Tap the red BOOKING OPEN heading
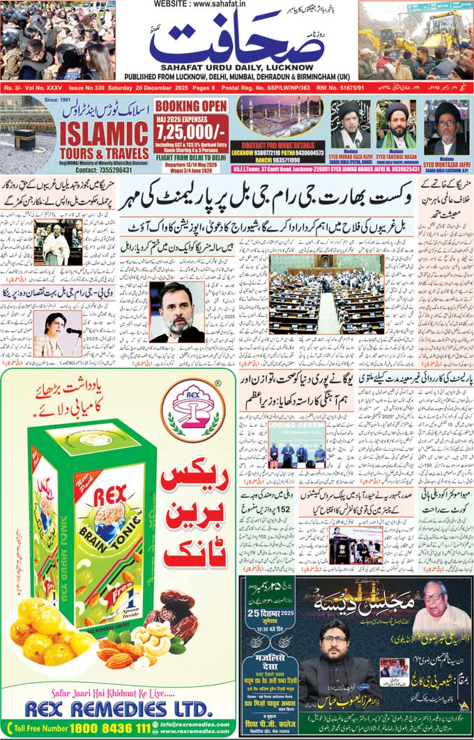click(x=191, y=106)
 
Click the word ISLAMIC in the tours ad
click(x=104, y=132)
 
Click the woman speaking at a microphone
click(x=56, y=333)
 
